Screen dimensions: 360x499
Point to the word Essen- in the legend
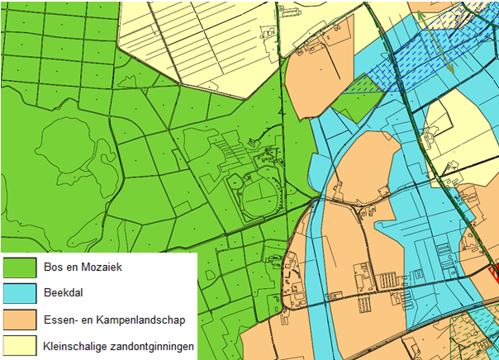59,320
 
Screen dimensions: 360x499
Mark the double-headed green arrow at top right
435,41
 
